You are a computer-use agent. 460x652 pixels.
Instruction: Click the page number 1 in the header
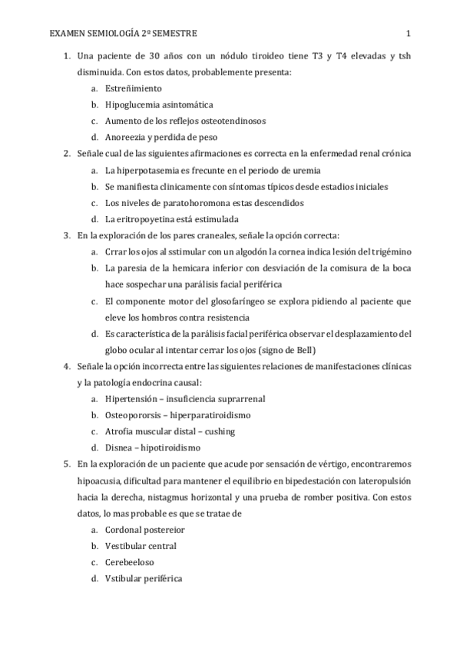point(409,34)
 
